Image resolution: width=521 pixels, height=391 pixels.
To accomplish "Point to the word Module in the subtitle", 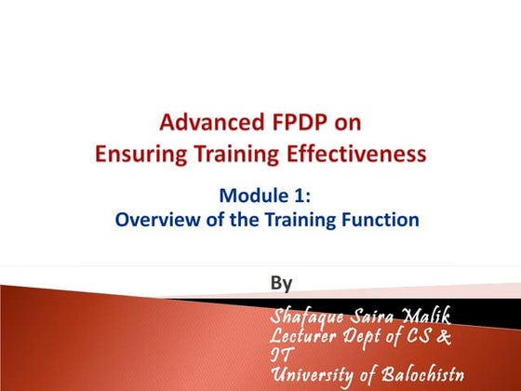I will pyautogui.click(x=251, y=197).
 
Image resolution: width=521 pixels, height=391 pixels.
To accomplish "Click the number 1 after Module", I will pyautogui.click(x=293, y=197).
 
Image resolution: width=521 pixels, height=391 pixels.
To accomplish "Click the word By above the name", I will pyautogui.click(x=280, y=281).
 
